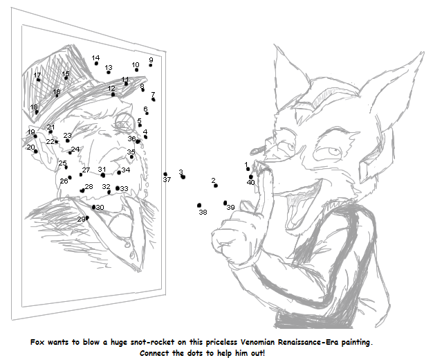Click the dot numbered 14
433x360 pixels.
pyautogui.click(x=96, y=63)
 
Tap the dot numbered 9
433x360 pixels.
pyautogui.click(x=151, y=65)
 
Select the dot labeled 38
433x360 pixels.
pyautogui.click(x=199, y=205)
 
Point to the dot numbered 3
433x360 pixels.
pyautogui.click(x=183, y=177)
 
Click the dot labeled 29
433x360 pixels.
pyautogui.click(x=87, y=218)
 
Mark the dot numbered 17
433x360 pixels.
pyautogui.click(x=38, y=80)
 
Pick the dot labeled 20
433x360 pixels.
pyautogui.click(x=36, y=151)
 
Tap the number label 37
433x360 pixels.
pyautogui.click(x=167, y=180)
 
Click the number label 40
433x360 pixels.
pyautogui.click(x=251, y=183)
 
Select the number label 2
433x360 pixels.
pyautogui.click(x=213, y=180)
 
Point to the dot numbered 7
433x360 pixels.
pyautogui.click(x=154, y=100)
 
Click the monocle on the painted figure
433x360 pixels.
pyautogui.click(x=125, y=122)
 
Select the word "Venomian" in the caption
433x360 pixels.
pyautogui.click(x=257, y=342)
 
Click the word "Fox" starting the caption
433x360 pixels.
pyautogui.click(x=37, y=342)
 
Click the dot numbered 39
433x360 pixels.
pyautogui.click(x=225, y=204)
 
